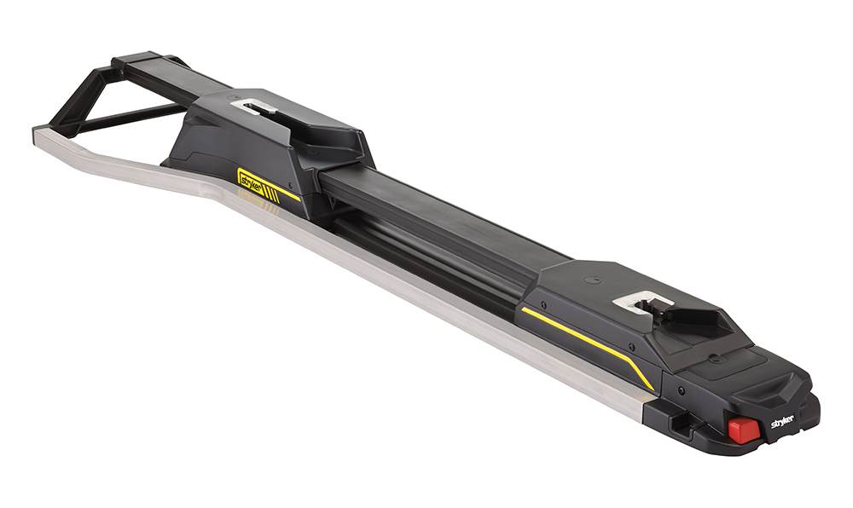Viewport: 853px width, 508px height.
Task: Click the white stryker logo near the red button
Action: (x=782, y=422)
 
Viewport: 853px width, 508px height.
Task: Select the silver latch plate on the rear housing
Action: (x=258, y=107)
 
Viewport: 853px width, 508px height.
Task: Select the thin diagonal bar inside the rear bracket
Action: (x=128, y=118)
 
